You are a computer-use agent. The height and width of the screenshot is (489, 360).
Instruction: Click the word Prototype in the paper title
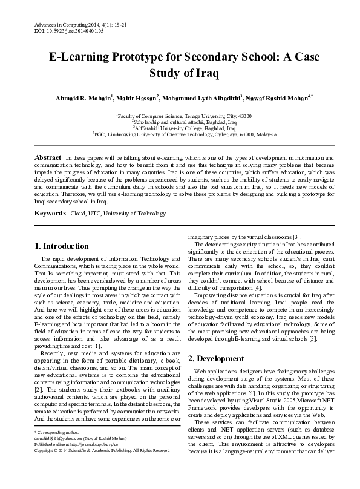(x=145, y=57)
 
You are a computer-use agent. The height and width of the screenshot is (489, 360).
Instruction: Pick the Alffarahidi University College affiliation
(x=185, y=128)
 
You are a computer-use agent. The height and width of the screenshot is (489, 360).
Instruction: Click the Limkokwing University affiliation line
(x=185, y=135)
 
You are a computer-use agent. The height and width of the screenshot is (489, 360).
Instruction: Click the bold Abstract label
(x=48, y=157)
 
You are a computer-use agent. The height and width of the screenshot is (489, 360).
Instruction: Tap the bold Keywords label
(x=50, y=214)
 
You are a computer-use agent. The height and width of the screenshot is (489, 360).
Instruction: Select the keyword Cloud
(x=78, y=214)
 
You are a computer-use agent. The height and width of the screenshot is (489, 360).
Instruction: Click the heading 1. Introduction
(x=62, y=246)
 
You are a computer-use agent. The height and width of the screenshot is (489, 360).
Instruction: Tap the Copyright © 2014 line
(x=102, y=468)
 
